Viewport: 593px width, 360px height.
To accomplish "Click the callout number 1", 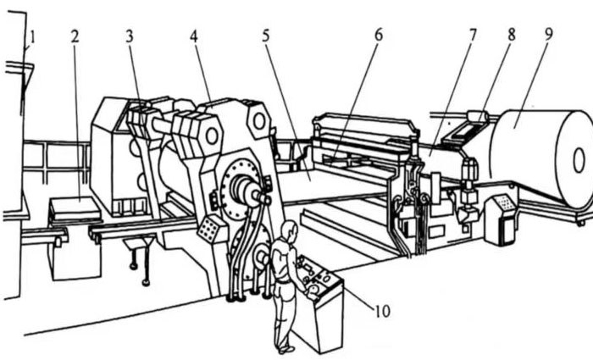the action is [x=32, y=37].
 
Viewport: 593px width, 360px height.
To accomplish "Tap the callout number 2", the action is [x=75, y=36].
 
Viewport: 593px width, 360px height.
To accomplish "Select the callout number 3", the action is [x=130, y=36].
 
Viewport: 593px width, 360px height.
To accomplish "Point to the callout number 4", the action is [x=194, y=36].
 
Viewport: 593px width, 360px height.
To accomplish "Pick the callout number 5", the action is [x=266, y=36].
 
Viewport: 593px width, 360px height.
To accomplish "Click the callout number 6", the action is [x=379, y=35].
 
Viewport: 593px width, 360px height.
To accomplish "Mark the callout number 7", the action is [x=473, y=35].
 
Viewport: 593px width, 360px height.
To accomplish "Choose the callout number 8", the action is [x=512, y=35].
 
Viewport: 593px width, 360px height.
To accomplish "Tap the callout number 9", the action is [x=549, y=34].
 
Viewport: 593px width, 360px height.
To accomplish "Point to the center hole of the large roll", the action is [x=579, y=160].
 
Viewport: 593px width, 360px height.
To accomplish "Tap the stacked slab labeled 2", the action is [x=75, y=208].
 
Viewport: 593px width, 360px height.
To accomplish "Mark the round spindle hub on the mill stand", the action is [x=242, y=188].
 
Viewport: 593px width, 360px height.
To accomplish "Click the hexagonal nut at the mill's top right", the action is [x=259, y=121].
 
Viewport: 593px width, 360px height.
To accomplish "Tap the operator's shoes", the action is [x=286, y=350].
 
